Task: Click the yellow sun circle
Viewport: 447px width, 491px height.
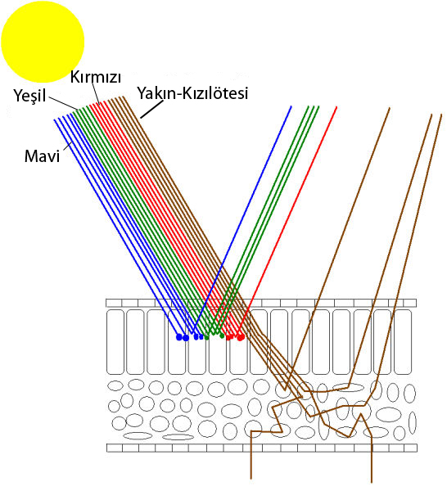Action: coord(43,42)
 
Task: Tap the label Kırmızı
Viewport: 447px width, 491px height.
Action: coord(96,77)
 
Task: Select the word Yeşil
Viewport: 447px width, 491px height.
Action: coord(29,95)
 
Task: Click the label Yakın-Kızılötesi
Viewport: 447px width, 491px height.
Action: coord(192,93)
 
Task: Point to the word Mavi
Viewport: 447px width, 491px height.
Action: coord(42,156)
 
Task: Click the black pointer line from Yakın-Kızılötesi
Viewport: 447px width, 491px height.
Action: coord(152,110)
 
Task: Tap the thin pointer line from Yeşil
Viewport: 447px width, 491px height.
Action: coord(64,104)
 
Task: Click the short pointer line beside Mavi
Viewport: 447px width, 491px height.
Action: coord(68,147)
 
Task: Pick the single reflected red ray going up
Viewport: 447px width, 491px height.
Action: coord(287,221)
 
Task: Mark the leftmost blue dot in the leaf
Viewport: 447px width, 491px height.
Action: coord(178,337)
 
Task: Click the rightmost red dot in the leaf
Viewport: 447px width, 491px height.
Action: coord(241,337)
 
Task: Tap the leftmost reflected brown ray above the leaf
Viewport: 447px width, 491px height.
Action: coord(337,249)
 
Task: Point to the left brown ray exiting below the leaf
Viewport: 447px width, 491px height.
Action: coord(251,455)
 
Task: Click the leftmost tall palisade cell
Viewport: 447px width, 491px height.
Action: coord(115,341)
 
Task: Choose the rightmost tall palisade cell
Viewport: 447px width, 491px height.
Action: coord(403,341)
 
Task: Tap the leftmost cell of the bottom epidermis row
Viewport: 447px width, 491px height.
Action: coord(115,448)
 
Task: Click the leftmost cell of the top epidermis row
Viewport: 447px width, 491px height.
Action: coord(114,303)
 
